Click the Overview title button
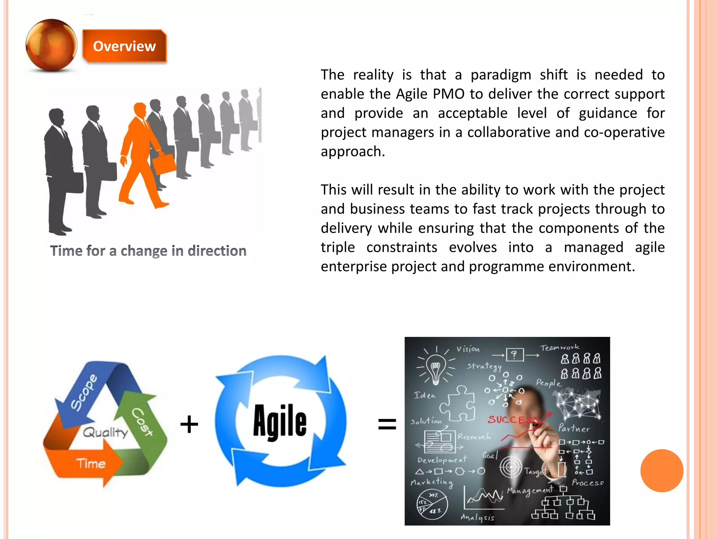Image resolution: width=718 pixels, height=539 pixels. pos(124,46)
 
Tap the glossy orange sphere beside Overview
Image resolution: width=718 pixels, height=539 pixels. pos(51,45)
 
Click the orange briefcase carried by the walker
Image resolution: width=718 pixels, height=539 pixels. pos(164,164)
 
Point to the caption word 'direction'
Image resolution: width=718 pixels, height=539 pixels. pos(217,251)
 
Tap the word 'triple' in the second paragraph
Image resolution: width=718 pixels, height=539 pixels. pos(338,247)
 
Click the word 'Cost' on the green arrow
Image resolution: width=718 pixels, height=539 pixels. pos(142,421)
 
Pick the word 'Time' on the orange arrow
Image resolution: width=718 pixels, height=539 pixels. pos(91,464)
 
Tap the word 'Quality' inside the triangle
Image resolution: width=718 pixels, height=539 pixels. pos(105,432)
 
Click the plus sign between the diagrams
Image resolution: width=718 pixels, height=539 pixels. pos(189,424)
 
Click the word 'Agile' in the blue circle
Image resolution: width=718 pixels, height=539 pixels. pos(280,421)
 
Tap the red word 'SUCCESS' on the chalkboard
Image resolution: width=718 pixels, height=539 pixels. pos(514,419)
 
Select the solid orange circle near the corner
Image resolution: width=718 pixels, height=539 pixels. pos(662,471)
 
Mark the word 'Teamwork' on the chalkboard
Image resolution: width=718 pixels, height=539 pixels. pos(560,347)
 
